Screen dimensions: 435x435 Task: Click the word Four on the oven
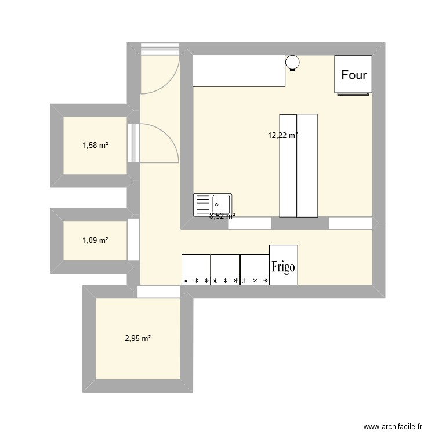coord(353,75)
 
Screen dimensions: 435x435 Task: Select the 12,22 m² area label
coord(282,136)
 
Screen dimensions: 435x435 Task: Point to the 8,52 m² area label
coord(222,216)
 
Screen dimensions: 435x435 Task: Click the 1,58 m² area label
coord(95,146)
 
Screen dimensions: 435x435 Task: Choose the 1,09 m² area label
coord(95,240)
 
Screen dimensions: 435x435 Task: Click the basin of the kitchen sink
coord(221,204)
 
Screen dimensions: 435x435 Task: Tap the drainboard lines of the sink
coord(202,205)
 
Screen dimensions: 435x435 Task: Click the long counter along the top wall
coord(238,71)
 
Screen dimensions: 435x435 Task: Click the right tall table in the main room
coord(307,165)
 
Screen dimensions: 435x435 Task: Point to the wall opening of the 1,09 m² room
coord(133,239)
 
